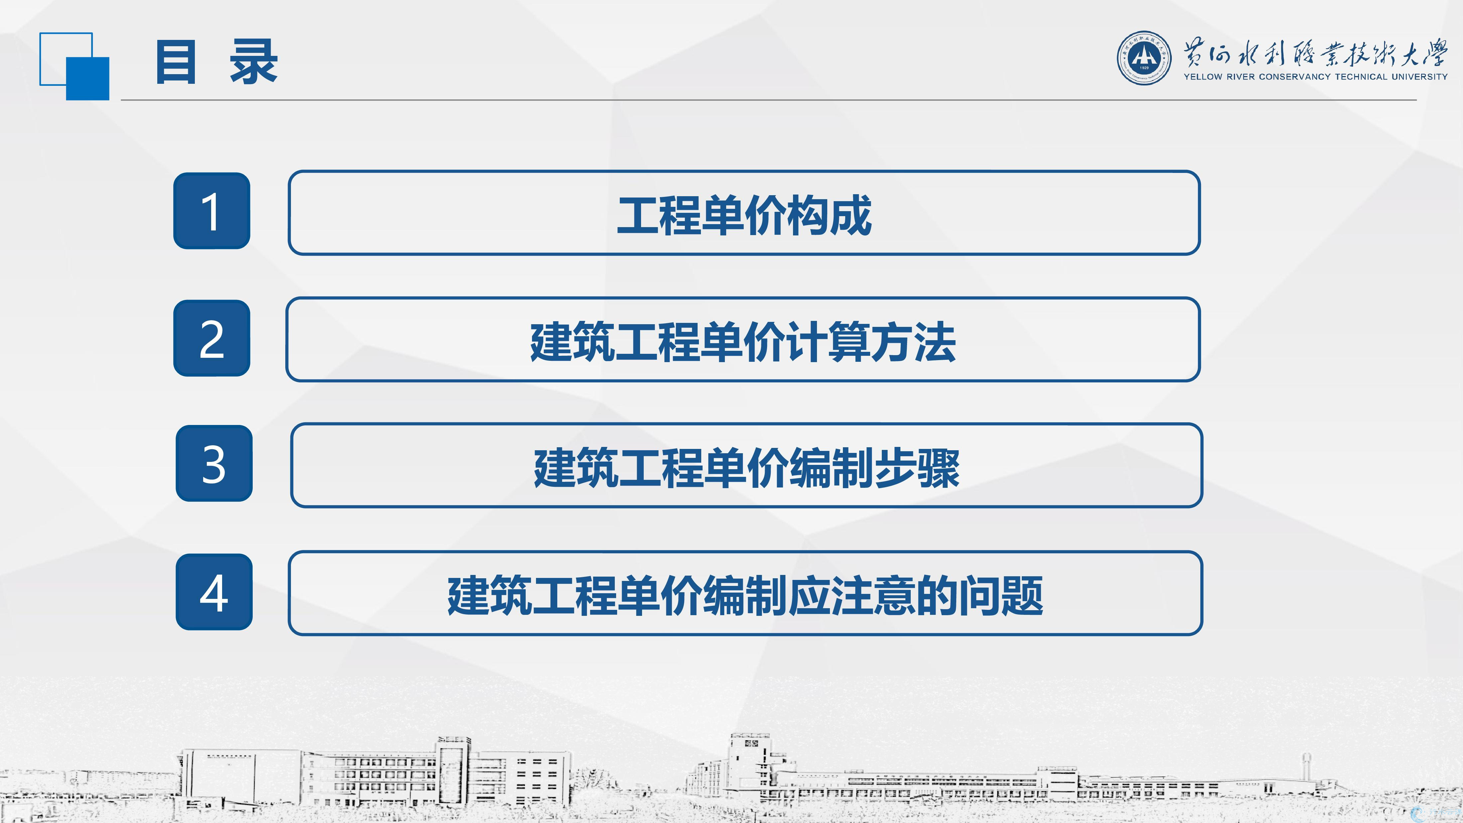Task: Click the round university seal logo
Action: [x=1144, y=58]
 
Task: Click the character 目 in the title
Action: [x=176, y=62]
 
